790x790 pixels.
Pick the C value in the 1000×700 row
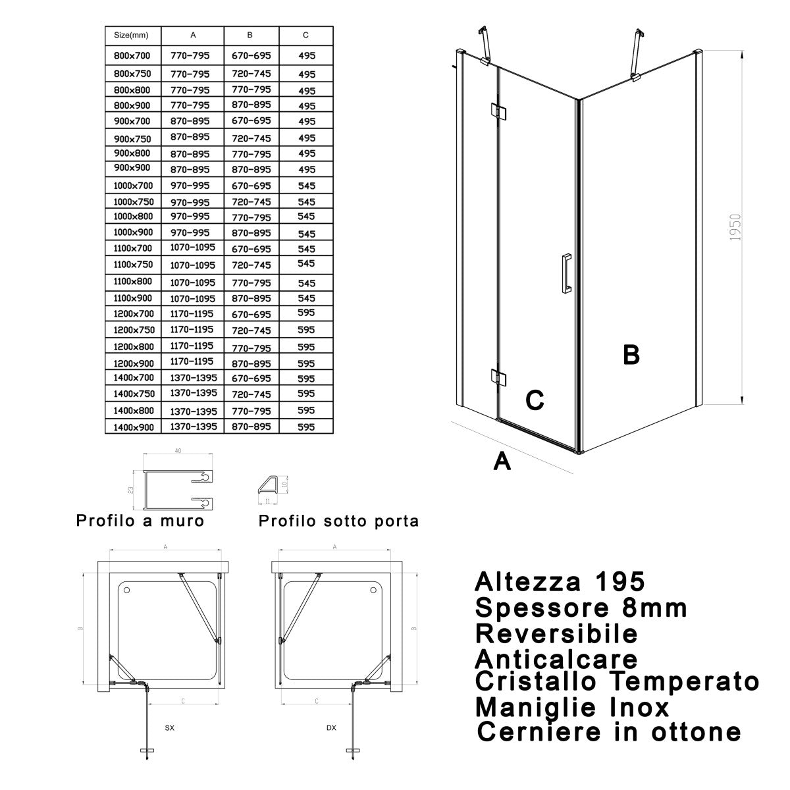(306, 186)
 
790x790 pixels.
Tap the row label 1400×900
(133, 427)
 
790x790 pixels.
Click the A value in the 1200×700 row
(192, 313)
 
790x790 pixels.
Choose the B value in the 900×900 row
(251, 169)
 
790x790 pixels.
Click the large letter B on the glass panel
(631, 355)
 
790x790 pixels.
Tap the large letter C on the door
(534, 400)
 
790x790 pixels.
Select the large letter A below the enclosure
(502, 462)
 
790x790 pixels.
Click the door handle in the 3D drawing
(565, 271)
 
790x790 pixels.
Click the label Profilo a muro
(140, 521)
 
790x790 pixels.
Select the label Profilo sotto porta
(338, 521)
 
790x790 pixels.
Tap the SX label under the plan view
(170, 728)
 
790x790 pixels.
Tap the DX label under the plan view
(331, 728)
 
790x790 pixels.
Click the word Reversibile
(556, 633)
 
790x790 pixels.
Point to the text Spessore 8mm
(581, 608)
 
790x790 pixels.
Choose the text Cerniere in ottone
(609, 731)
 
